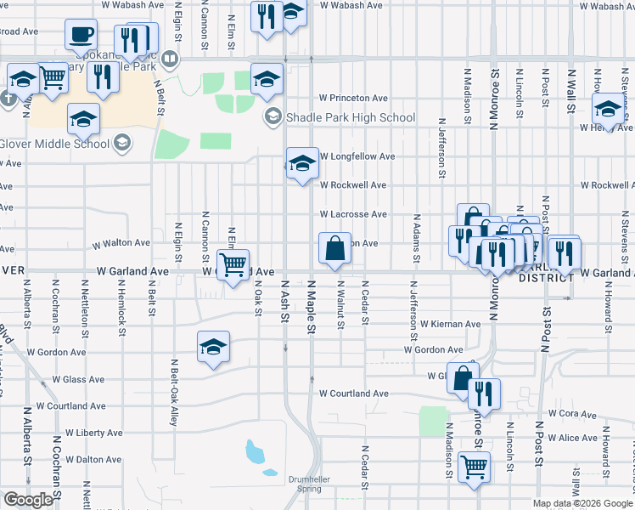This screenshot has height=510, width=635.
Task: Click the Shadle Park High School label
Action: pos(350,118)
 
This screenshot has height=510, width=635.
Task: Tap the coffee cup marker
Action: pos(81,35)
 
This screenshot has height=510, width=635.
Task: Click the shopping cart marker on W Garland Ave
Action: pos(233,263)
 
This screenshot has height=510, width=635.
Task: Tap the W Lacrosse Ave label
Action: pos(353,214)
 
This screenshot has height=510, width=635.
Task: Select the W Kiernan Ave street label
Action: pos(450,324)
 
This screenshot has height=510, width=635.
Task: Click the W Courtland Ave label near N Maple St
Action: pos(354,394)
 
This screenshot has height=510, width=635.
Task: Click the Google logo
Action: pos(27,500)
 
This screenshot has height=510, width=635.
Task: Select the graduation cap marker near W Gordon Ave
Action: pos(214,346)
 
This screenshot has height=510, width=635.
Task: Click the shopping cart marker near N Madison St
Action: pos(474,465)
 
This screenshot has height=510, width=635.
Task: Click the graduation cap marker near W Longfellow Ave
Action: pos(302,163)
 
